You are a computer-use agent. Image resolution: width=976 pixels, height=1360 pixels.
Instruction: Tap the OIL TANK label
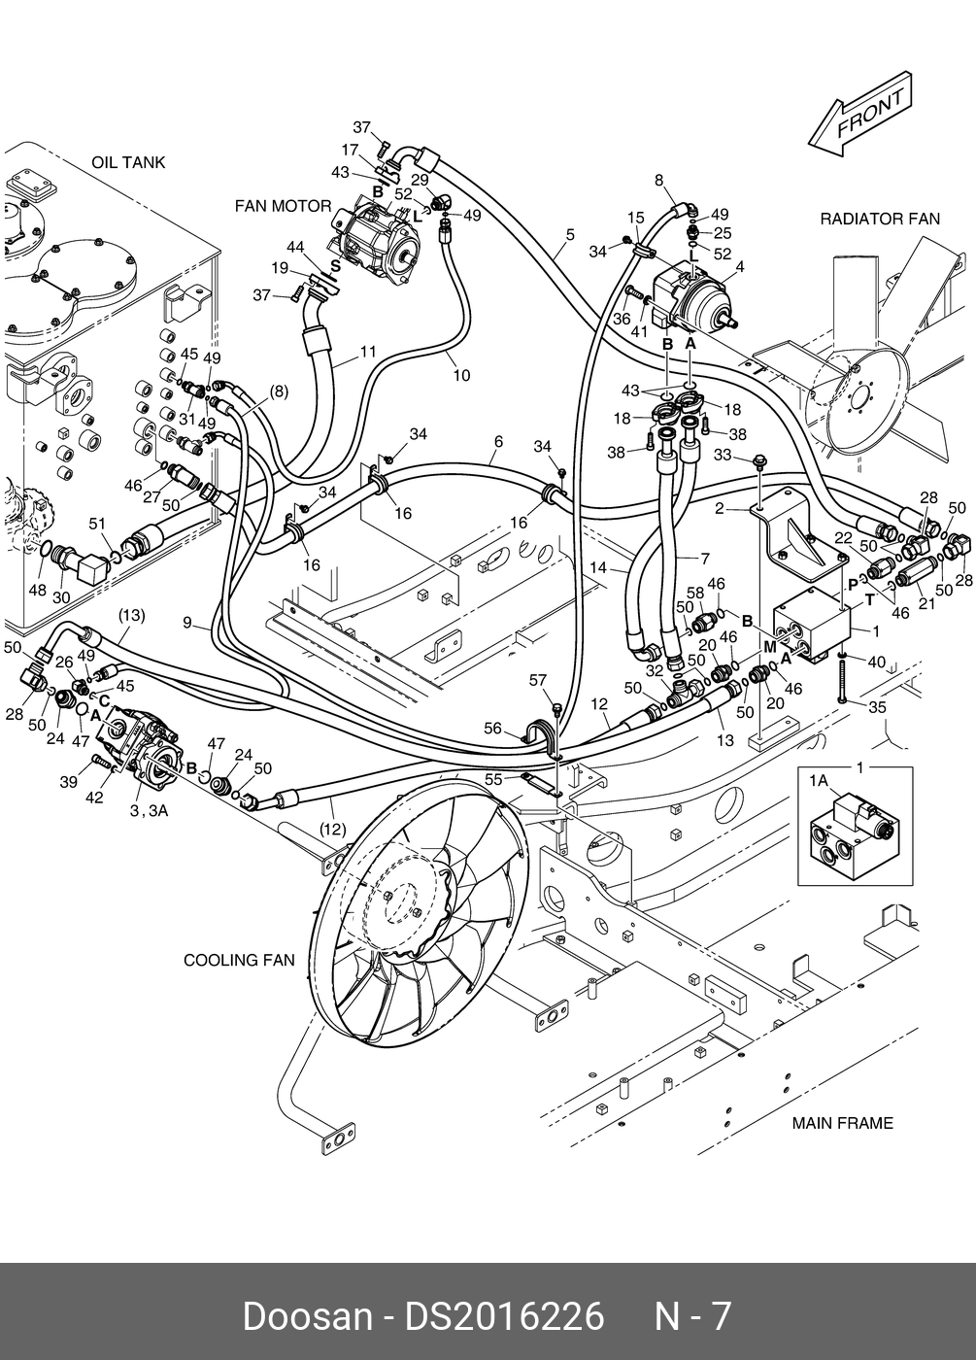128,162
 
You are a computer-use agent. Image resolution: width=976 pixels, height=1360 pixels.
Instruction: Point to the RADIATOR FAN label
880,219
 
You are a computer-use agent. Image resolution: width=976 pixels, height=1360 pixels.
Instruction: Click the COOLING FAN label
239,961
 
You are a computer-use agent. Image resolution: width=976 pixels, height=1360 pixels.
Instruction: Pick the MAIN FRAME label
842,1123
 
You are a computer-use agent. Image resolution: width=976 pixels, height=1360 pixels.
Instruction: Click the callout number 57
539,681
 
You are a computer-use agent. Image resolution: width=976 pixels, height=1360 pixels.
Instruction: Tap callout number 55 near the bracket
494,778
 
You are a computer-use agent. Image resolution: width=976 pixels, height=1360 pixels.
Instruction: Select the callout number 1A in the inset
818,779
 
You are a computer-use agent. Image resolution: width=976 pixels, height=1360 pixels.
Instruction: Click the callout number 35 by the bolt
877,707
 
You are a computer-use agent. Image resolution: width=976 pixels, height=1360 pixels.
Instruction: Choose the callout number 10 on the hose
461,375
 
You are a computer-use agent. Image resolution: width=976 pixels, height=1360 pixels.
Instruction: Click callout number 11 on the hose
367,352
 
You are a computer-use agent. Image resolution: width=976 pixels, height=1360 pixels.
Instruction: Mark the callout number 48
37,590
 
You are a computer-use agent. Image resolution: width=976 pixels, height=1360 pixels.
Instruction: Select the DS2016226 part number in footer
504,1316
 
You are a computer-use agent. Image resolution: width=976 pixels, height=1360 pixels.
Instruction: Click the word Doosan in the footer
306,1316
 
